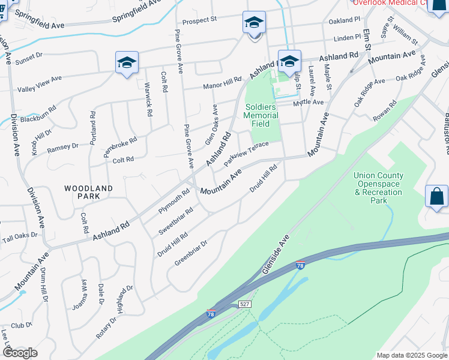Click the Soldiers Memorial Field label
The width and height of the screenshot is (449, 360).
[x=261, y=116]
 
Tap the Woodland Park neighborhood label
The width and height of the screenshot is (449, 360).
[x=88, y=192]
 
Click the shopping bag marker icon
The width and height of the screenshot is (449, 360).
[x=436, y=196]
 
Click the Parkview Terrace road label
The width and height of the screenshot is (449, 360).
[x=246, y=154]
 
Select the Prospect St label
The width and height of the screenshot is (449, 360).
[x=199, y=20]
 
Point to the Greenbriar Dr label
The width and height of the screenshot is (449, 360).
[x=190, y=253]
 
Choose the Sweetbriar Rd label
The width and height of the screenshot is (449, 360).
[x=175, y=221]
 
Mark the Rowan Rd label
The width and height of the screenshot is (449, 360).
[x=384, y=112]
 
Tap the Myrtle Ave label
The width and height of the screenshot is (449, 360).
[x=308, y=103]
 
